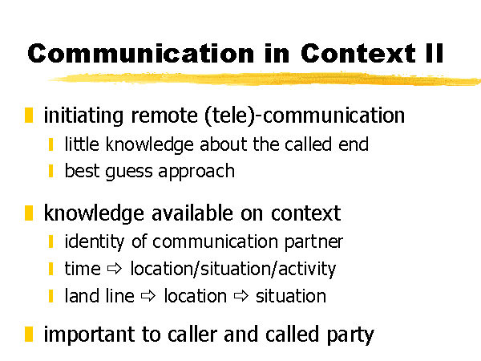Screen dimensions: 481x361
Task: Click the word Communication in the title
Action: pos(141,54)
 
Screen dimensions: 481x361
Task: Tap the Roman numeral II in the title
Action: pos(435,53)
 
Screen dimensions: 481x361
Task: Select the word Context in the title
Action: pos(358,54)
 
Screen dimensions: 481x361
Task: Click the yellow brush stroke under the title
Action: pos(265,79)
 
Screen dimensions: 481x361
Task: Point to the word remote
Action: pos(164,116)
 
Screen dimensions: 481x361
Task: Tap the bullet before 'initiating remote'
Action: pos(29,115)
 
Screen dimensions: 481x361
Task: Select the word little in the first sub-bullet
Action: pos(82,144)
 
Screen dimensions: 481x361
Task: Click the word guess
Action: pos(129,172)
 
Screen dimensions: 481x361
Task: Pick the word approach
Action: pos(196,172)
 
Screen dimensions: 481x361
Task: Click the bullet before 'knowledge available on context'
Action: pos(29,213)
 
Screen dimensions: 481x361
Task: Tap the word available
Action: pos(192,213)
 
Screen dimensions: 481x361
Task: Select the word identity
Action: pos(95,242)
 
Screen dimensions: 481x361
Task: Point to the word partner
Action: pos(313,243)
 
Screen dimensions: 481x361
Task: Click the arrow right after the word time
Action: pos(115,269)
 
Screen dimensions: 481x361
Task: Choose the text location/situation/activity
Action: pos(233,270)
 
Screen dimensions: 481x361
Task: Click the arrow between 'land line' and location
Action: pos(148,296)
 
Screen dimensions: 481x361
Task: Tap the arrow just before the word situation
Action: pos(241,296)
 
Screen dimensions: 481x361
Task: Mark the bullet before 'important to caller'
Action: pos(29,335)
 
